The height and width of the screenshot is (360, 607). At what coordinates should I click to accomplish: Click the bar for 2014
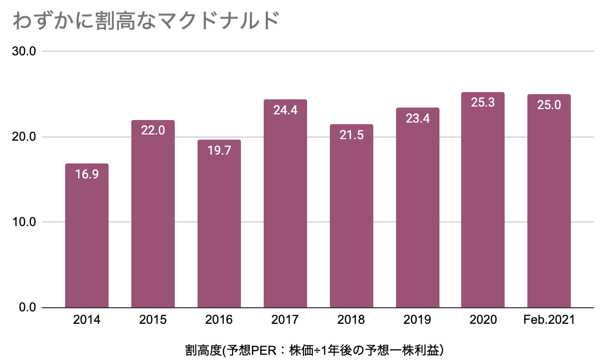(87, 235)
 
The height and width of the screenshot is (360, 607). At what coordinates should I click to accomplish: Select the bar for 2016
(219, 223)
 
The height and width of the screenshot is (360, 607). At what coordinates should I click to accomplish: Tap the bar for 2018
(352, 216)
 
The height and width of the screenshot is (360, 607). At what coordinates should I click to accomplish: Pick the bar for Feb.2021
(549, 201)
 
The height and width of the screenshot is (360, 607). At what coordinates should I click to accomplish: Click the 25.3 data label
(483, 102)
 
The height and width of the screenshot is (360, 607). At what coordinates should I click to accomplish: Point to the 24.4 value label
(285, 110)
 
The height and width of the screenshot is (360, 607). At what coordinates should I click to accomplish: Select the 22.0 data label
(153, 130)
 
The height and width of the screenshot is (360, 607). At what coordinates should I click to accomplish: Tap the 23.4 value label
(418, 118)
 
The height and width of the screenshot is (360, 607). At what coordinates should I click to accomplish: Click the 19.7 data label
(219, 150)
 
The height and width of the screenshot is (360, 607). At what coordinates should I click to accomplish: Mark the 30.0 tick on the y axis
(24, 51)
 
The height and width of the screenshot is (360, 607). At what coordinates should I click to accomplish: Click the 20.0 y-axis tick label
(24, 137)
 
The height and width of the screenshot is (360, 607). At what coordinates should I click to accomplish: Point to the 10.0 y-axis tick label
(24, 222)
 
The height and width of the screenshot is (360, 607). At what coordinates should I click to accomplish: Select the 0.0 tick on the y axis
(27, 307)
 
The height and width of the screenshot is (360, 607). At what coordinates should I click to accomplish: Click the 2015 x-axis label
(153, 320)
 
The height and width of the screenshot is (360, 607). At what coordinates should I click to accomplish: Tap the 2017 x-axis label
(285, 320)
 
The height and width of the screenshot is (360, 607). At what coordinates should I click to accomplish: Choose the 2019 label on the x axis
(417, 320)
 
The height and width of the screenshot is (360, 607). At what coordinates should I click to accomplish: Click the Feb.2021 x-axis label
(549, 320)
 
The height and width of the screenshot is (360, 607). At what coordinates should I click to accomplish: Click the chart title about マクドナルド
(146, 21)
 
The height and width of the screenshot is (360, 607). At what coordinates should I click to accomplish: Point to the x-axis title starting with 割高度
(314, 350)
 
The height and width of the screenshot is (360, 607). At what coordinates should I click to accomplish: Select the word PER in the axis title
(264, 351)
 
